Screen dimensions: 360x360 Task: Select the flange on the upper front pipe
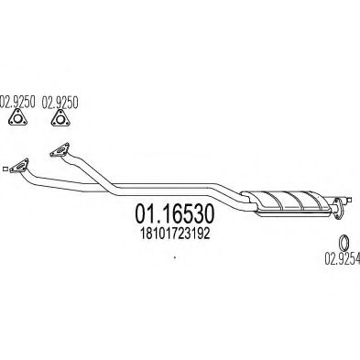click(58, 152)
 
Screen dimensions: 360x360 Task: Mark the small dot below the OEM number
click(172, 260)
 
